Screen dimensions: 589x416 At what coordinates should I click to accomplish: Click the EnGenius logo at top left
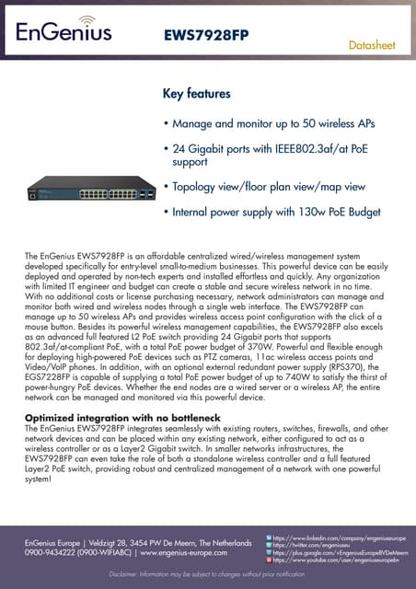pos(63,32)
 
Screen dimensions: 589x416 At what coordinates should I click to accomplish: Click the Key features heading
pos(196,94)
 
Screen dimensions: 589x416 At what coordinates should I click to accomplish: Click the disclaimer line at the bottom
pos(207,574)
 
